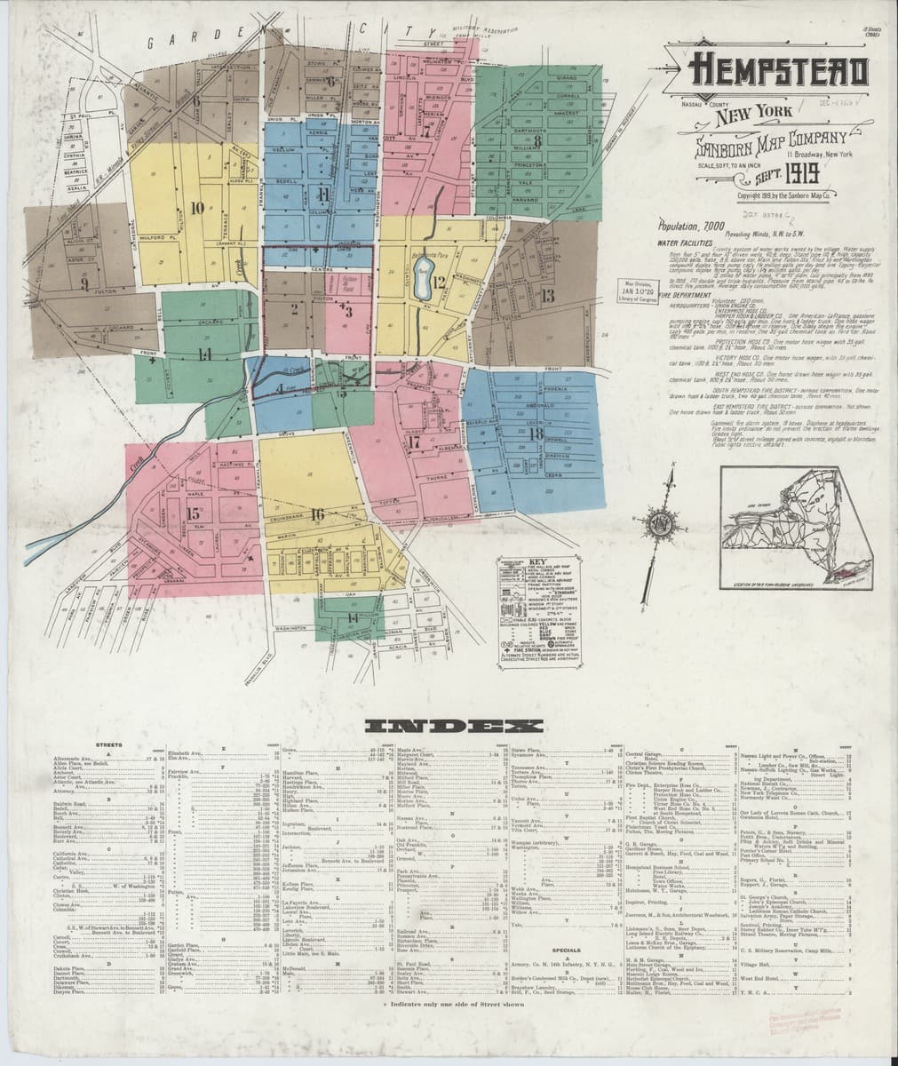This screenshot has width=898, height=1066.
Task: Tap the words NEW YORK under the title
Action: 751,114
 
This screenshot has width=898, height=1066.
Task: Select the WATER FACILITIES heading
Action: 686,242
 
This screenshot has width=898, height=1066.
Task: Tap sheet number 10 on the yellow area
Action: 196,208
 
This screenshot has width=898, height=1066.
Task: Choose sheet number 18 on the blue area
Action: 535,434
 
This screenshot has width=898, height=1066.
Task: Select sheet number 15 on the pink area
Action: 193,513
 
